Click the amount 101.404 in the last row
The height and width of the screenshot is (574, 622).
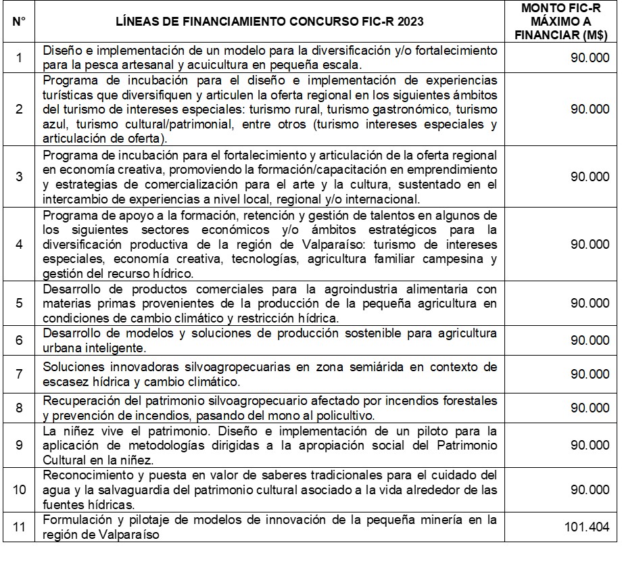point(587,527)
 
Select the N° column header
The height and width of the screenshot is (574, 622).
point(19,21)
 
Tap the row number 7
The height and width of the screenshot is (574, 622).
point(19,374)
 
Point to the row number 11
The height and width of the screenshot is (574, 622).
point(19,527)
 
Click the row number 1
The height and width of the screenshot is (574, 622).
point(19,58)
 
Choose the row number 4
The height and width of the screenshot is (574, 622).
point(19,245)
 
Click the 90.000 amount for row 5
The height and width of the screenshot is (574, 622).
point(590,302)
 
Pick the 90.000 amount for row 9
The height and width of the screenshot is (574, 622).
point(590,446)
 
